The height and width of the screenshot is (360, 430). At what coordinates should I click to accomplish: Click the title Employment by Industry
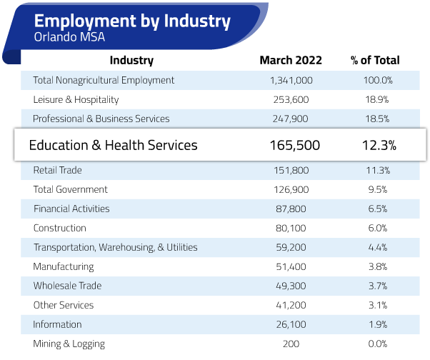(x=132, y=21)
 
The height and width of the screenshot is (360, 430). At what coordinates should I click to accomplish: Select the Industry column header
(x=131, y=61)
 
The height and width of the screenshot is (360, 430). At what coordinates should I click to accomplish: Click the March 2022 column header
(x=291, y=61)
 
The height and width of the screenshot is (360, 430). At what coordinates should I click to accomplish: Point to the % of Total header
(x=375, y=61)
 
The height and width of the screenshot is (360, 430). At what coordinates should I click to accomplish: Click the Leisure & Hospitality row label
(x=76, y=99)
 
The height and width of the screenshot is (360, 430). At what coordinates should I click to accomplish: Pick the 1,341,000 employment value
(x=291, y=80)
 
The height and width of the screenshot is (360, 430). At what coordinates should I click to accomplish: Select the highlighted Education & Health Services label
(x=113, y=146)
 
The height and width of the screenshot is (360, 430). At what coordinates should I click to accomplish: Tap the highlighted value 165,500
(x=294, y=146)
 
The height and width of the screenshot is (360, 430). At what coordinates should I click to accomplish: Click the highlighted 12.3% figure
(x=379, y=146)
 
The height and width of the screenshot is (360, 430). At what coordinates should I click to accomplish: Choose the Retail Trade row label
(x=57, y=170)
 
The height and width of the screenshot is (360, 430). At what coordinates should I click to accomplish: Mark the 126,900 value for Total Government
(x=291, y=189)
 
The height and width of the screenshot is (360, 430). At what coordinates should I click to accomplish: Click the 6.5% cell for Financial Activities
(x=376, y=209)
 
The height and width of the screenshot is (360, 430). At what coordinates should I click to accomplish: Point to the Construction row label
(x=59, y=228)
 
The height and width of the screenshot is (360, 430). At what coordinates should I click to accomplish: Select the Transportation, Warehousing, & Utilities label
(x=115, y=247)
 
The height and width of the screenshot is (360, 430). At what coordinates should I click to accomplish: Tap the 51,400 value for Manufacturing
(x=291, y=266)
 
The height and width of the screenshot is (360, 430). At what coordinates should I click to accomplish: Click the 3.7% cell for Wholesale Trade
(x=376, y=286)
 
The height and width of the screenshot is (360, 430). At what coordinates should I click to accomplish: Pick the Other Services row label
(x=63, y=305)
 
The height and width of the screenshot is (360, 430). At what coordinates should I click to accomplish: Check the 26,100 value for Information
(x=291, y=324)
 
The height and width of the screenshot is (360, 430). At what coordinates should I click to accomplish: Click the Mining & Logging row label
(x=69, y=344)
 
